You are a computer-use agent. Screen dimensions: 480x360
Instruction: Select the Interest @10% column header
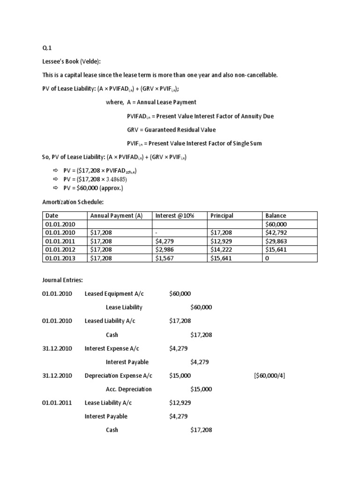pyautogui.click(x=174, y=216)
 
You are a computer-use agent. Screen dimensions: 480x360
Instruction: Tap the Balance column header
pyautogui.click(x=276, y=216)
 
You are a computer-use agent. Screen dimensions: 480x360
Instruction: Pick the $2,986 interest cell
pyautogui.click(x=165, y=249)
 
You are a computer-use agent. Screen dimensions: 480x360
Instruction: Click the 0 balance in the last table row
pyautogui.click(x=267, y=258)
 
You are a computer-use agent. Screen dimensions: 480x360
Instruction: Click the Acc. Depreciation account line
pyautogui.click(x=128, y=389)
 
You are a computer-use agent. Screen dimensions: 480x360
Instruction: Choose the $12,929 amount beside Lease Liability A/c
pyautogui.click(x=180, y=403)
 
